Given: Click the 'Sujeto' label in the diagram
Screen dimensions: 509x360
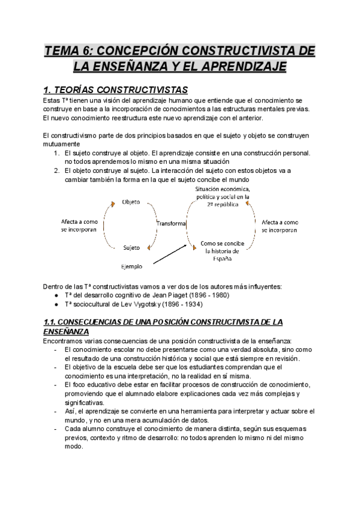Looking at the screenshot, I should (x=131, y=247).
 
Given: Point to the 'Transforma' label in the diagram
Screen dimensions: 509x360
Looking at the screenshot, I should (x=171, y=223).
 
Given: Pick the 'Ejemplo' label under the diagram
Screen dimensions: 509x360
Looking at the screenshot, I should (x=131, y=266).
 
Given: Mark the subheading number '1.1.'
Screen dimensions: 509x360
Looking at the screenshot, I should (x=52, y=322).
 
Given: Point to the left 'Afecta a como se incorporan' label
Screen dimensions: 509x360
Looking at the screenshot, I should (x=79, y=226).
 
